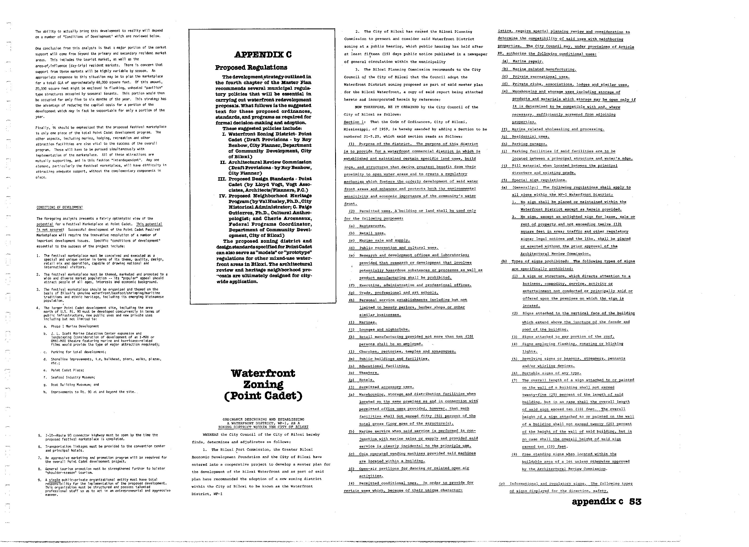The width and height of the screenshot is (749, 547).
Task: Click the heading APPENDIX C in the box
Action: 263,55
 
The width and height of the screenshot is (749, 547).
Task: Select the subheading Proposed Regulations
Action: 251,68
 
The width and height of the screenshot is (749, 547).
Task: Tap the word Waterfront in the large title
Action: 263,373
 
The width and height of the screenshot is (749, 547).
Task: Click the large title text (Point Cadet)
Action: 263,396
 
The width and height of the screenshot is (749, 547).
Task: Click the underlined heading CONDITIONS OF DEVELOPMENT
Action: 60,208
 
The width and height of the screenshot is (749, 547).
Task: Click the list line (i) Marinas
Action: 363,322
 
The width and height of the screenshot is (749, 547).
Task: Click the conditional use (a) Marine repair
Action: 522,61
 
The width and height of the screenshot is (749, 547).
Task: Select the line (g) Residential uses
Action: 525,137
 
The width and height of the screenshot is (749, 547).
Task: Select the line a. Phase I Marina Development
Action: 71,326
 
